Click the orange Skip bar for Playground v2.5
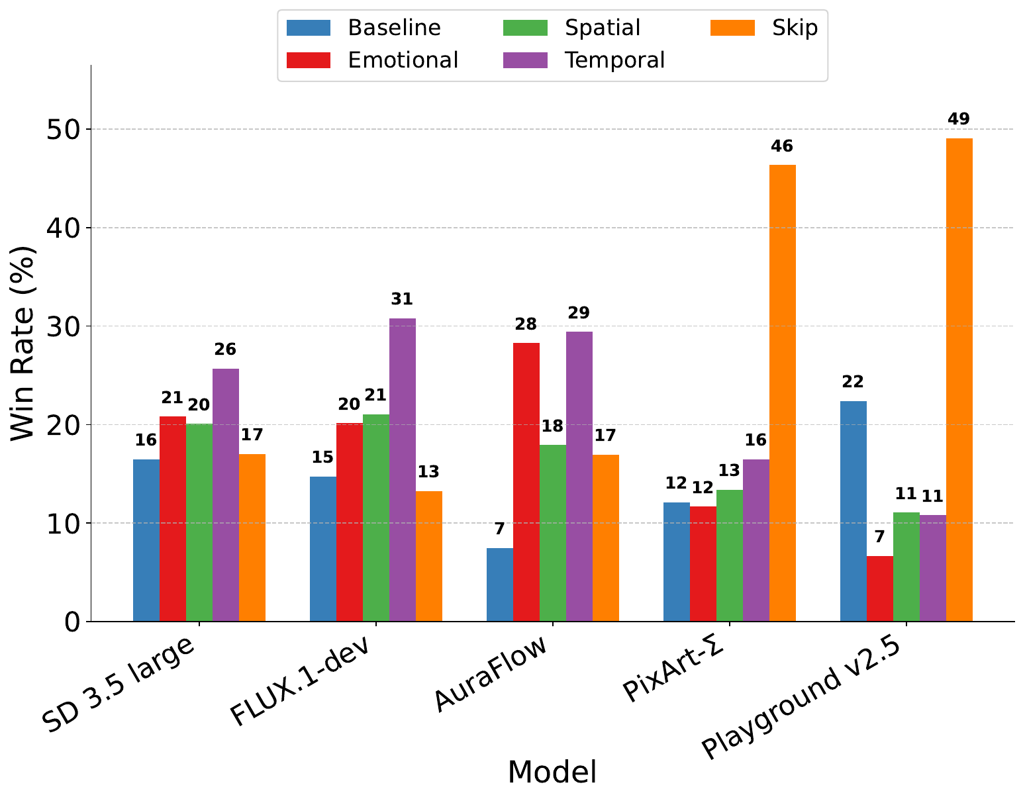pyautogui.click(x=959, y=380)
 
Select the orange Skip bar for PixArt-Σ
pyautogui.click(x=782, y=393)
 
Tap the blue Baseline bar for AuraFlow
pyautogui.click(x=500, y=585)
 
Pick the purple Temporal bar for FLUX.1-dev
pyautogui.click(x=403, y=470)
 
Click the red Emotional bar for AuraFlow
pyautogui.click(x=526, y=482)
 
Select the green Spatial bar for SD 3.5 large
pyautogui.click(x=199, y=522)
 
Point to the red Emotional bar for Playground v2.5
pyautogui.click(x=879, y=588)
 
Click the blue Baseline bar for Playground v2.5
pyautogui.click(x=853, y=511)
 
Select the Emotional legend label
pyautogui.click(x=403, y=60)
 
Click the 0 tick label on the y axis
pyautogui.click(x=72, y=622)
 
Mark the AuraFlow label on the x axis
pyautogui.click(x=493, y=682)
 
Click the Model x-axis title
pyautogui.click(x=552, y=773)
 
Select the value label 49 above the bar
pyautogui.click(x=959, y=120)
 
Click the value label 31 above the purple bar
pyautogui.click(x=402, y=299)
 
